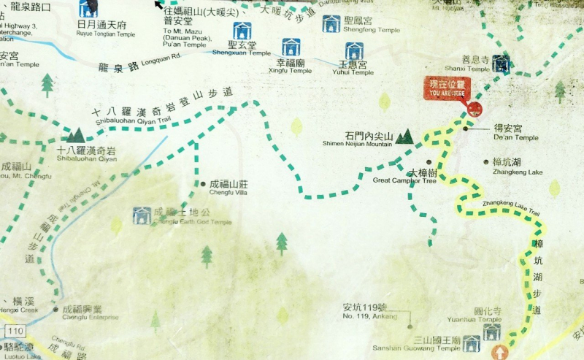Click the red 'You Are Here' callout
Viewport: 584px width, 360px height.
coord(447,89)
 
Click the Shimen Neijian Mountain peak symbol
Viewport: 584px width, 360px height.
coord(404,137)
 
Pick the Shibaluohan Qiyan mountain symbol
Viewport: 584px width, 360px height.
coord(75,135)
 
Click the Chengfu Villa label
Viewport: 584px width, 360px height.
coord(230,188)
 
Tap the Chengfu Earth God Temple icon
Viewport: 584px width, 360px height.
coord(142,215)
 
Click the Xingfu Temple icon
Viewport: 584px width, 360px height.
coord(291,49)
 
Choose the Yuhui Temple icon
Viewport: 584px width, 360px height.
coord(354,51)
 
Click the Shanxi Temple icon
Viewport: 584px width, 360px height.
coord(500,64)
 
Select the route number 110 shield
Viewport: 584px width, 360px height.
coord(16,332)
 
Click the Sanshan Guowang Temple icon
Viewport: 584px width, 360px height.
coord(472,344)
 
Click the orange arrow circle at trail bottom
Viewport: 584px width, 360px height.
coord(500,353)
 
